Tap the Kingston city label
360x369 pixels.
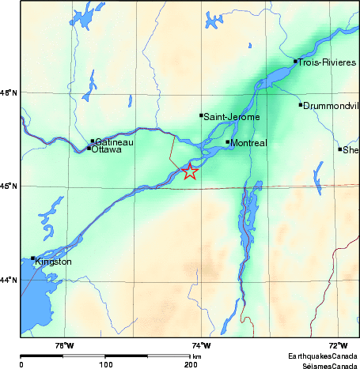point(54,262)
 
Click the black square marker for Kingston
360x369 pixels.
point(32,258)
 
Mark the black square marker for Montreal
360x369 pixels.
point(227,142)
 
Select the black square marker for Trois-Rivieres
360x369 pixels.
point(295,61)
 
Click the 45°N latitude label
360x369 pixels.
point(9,186)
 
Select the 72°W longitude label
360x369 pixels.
point(338,345)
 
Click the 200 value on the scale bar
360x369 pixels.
point(191,364)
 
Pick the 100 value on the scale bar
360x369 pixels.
point(105,364)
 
